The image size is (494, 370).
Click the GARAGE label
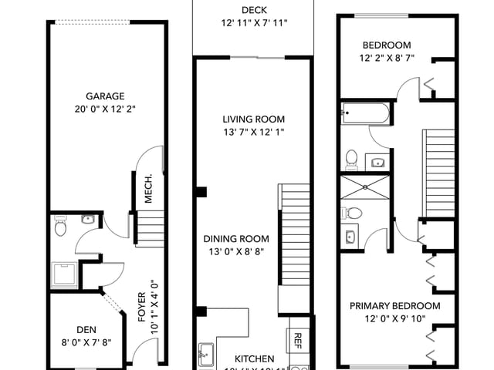pos(105,96)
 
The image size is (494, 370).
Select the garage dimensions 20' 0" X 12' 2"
pos(105,110)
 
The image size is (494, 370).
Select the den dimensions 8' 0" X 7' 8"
pos(86,344)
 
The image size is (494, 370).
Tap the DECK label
pos(253,10)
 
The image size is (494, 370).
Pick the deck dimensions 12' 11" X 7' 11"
pos(253,23)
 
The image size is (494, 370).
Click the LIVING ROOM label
pos(253,119)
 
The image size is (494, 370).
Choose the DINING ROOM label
pos(236,239)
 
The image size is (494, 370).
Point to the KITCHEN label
pos(255,359)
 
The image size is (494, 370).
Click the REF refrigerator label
pos(298,340)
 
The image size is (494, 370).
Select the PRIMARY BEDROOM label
pos(395,306)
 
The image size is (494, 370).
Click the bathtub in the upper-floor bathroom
pos(367,114)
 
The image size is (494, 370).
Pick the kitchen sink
pos(205,355)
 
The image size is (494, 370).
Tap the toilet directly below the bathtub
pos(351,158)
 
